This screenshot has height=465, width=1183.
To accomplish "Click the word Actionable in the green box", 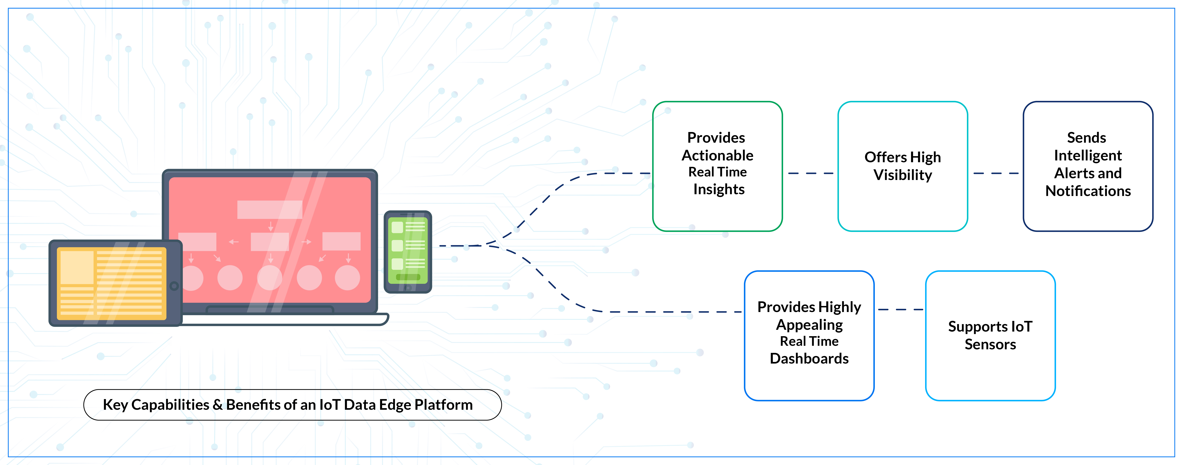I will coord(717,155).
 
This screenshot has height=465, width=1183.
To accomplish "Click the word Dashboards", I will coord(809,358).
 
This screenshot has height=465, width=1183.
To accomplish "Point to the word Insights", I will coord(719,189).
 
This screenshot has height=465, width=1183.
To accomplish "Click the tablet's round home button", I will coord(174,286).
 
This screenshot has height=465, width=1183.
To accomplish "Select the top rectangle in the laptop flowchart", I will coord(270,209).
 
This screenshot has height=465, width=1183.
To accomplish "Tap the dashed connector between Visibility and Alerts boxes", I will coord(996,173).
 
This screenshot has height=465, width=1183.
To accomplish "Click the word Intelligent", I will coord(1088,155).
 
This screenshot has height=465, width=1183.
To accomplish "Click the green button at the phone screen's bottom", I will coord(408,277).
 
